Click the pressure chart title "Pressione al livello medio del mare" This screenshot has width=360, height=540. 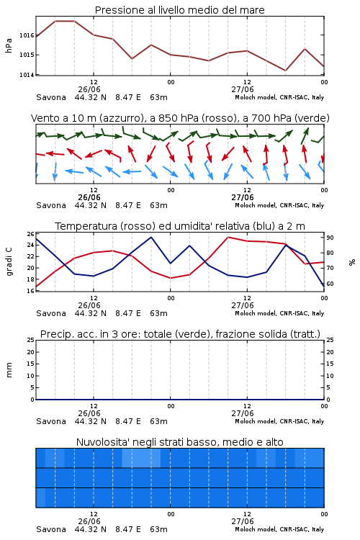[179, 10]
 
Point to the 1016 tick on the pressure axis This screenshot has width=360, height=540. [27, 35]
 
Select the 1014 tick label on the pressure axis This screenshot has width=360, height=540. [27, 75]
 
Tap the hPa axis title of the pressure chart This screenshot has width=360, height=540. [9, 45]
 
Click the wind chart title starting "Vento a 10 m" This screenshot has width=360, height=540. [180, 119]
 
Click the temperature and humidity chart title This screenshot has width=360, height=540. [180, 226]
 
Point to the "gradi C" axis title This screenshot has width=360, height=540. [9, 261]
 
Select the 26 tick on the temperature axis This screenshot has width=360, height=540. [31, 234]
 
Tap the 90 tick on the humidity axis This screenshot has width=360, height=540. [330, 238]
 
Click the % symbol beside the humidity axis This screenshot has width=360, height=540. [352, 262]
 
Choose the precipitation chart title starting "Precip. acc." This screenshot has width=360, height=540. [180, 334]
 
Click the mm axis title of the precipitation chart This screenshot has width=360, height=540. [9, 370]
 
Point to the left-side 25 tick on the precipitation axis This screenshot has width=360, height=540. [31, 340]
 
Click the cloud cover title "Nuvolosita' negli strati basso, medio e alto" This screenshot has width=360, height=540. [179, 442]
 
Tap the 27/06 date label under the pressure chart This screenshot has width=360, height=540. [242, 89]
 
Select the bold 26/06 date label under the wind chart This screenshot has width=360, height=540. [89, 198]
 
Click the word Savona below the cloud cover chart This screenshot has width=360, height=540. [51, 529]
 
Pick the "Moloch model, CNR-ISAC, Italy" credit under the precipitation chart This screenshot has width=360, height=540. [279, 421]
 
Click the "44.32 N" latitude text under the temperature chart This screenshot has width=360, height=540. [90, 313]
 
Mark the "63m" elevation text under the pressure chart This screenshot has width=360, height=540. [158, 97]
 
